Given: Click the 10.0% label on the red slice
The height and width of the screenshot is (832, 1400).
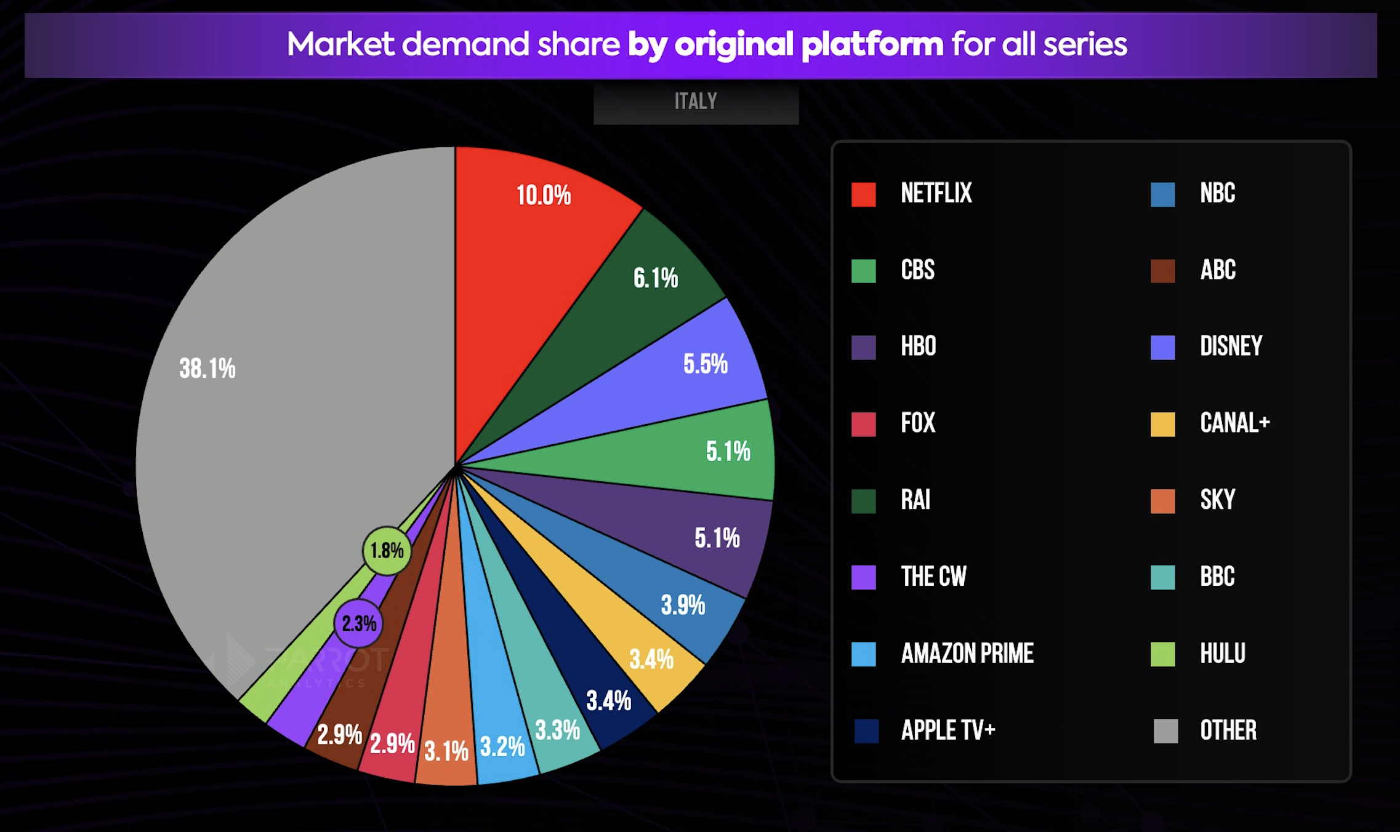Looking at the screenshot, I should coord(544,196).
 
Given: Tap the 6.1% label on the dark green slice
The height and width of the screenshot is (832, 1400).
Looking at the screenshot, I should coord(656,278).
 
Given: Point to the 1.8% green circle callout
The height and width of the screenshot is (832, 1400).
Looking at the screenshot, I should coord(387,551).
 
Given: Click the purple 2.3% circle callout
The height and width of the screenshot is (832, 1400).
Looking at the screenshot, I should coord(358,623).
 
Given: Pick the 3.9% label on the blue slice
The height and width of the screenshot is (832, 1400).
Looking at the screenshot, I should coord(683,606).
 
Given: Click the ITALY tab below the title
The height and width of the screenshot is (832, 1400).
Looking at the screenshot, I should coord(696,102).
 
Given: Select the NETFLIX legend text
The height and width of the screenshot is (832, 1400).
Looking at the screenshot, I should coord(936,193).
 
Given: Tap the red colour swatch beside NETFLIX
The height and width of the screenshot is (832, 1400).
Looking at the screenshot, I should coord(863,194).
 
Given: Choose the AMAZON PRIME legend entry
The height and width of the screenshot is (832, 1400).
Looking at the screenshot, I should coord(967,654).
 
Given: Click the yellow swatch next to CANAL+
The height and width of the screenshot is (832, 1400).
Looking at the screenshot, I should coord(1162,425).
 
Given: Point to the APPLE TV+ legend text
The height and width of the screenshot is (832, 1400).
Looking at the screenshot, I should coord(948,730).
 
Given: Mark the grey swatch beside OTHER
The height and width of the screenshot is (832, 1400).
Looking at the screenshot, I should coord(1165,731).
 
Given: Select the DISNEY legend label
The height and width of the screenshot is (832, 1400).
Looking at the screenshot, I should coord(1231,346).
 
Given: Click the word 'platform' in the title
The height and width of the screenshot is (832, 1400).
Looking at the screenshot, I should coord(872,44).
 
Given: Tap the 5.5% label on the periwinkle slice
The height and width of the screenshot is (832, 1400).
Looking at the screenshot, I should coord(706,364).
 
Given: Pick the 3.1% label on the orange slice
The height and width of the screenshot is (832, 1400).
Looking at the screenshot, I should coord(446,751).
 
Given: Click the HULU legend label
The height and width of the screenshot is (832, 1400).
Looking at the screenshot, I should coord(1223,654).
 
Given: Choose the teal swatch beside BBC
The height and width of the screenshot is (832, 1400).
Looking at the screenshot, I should coord(1162,577).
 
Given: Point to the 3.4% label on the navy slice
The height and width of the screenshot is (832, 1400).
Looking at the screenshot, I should coord(608,701).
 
